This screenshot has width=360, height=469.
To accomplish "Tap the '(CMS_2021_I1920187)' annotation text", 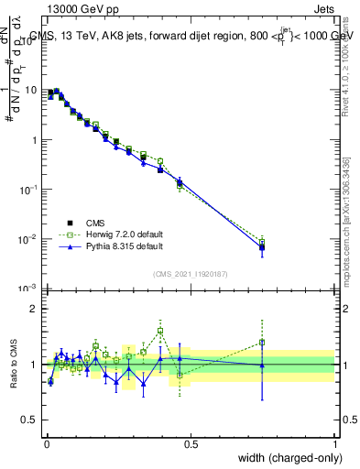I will [x=191, y=272].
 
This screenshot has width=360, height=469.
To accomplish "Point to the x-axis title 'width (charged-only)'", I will [x=286, y=457].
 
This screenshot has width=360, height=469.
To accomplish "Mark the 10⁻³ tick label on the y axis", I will [x=29, y=289].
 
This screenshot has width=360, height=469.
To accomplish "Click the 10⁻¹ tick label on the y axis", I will [x=29, y=190].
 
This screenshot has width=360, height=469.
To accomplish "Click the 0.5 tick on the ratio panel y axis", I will [x=31, y=420].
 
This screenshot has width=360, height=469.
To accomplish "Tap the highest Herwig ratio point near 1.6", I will [x=160, y=331].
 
